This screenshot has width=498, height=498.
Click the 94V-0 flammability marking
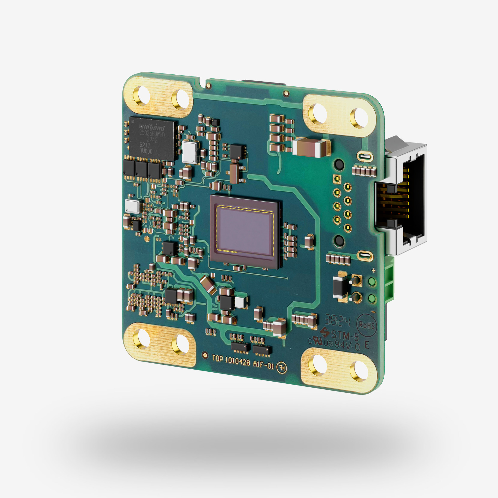347,345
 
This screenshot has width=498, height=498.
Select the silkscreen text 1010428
237,361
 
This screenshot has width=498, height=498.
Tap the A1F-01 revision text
263,365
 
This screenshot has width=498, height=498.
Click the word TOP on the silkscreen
217,358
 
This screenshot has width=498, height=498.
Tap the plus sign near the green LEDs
373,271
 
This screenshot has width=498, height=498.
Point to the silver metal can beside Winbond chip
190,153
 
